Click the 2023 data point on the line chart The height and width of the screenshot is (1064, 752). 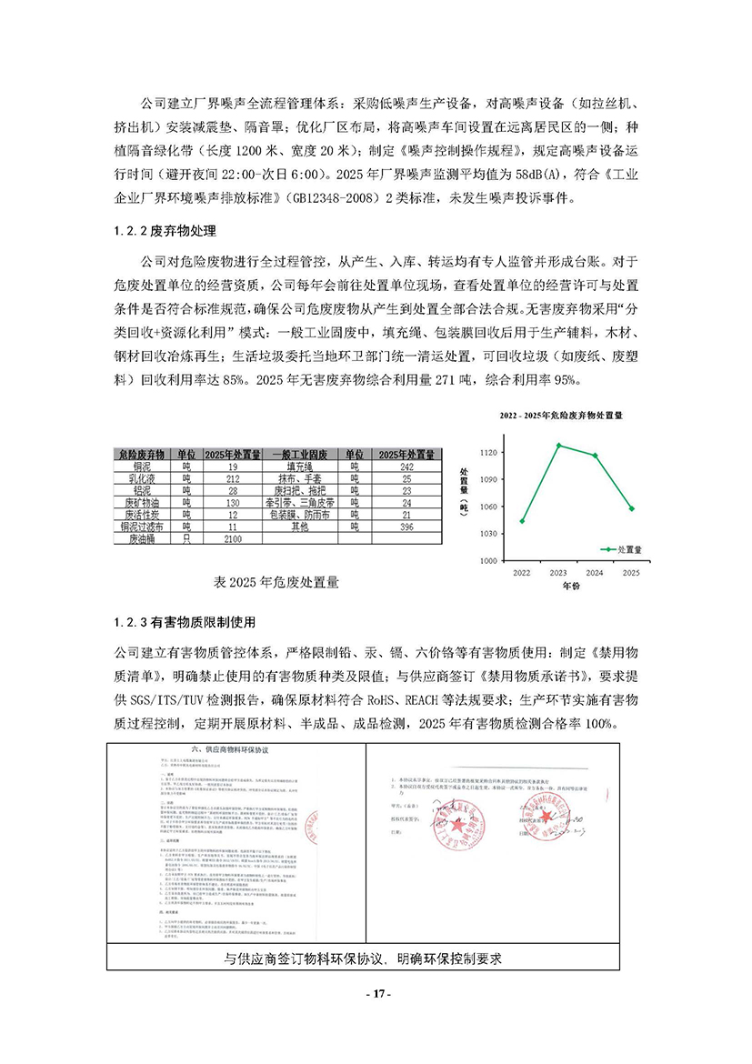click(x=558, y=445)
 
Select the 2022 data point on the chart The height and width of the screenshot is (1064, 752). click(x=522, y=521)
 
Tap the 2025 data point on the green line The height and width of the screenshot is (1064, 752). click(x=632, y=508)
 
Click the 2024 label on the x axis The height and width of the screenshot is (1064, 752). click(x=595, y=574)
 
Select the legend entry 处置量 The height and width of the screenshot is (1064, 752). click(x=621, y=549)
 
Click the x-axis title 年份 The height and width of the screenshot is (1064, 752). click(x=571, y=587)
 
